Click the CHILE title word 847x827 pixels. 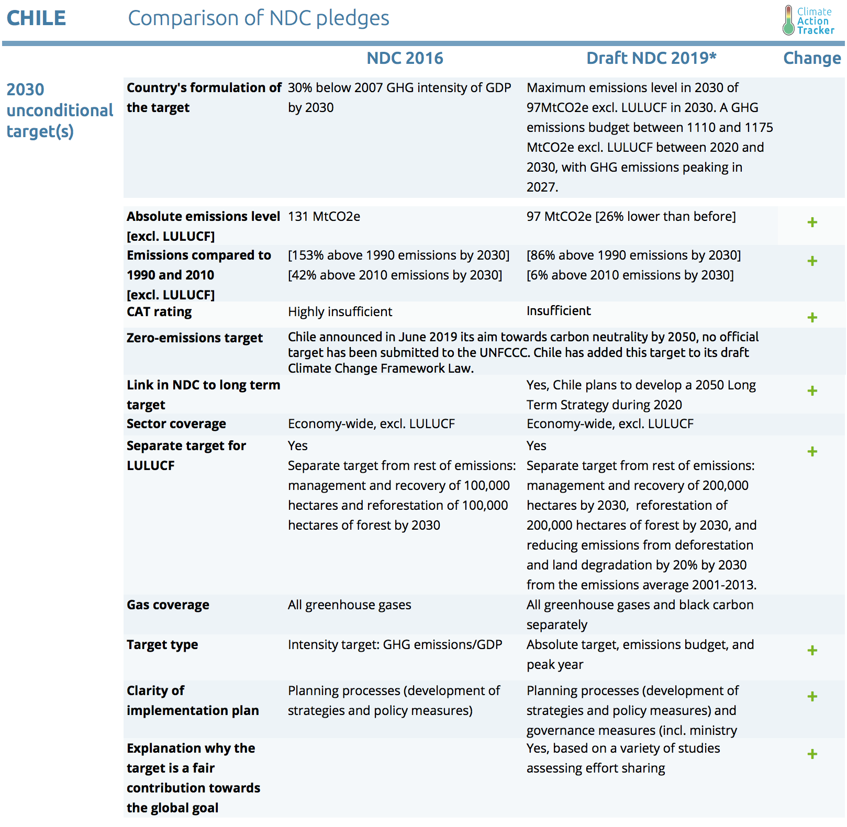[x=36, y=18]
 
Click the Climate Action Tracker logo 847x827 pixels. [x=808, y=20]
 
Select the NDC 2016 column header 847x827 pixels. [x=405, y=58]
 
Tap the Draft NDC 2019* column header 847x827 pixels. [x=651, y=58]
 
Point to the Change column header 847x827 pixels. [x=811, y=58]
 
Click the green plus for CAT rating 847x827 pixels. [x=812, y=318]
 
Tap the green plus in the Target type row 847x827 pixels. [x=812, y=651]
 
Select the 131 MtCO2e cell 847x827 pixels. [x=324, y=217]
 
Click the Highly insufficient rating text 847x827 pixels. [x=340, y=312]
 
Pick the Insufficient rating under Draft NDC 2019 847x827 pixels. [x=559, y=311]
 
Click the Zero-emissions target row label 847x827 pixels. [x=194, y=338]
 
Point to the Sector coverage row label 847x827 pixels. [x=176, y=424]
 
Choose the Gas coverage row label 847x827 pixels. [x=168, y=605]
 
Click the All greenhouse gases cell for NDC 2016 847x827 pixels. [x=349, y=605]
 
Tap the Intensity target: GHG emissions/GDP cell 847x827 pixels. [x=395, y=645]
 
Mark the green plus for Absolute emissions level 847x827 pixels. [x=812, y=222]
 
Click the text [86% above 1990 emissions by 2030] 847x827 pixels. [x=633, y=255]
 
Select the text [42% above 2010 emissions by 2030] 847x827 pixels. [x=395, y=275]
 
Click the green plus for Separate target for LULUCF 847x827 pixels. [x=812, y=452]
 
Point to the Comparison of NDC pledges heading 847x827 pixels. [x=259, y=18]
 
